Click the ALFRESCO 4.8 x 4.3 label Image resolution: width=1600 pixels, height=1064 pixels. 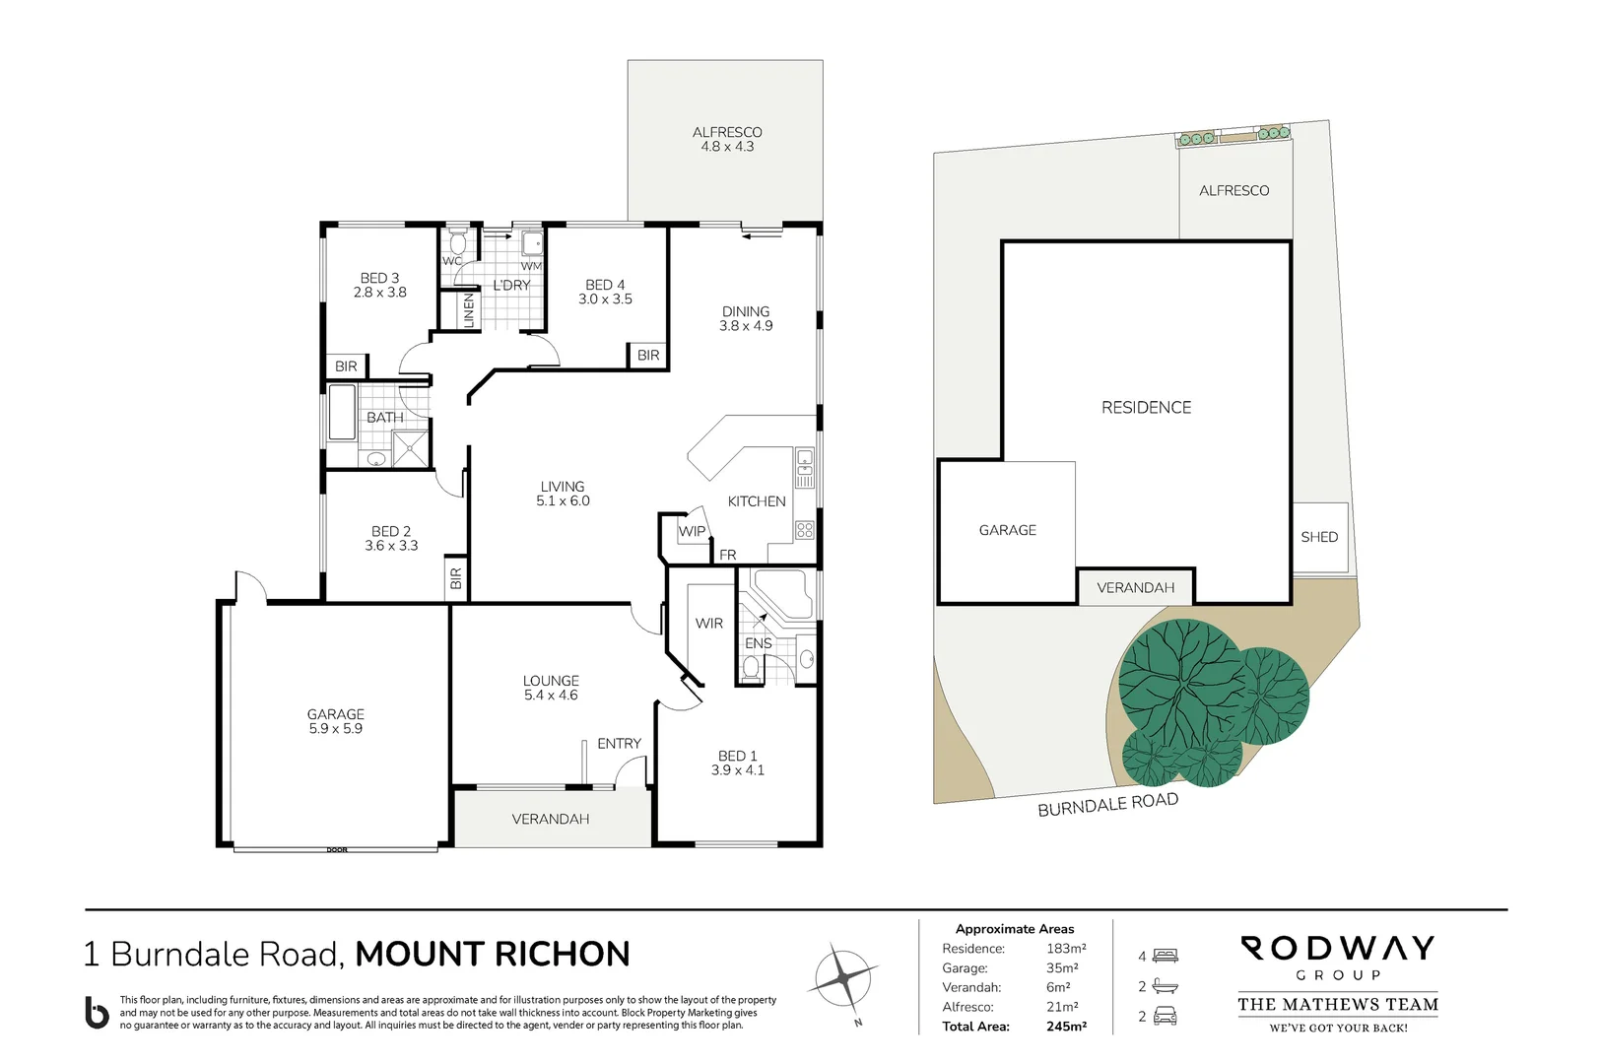click(x=727, y=139)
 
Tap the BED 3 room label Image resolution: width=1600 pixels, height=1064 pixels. click(x=379, y=285)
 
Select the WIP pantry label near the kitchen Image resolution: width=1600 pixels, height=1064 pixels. click(x=692, y=531)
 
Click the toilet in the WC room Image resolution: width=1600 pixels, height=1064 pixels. click(x=457, y=242)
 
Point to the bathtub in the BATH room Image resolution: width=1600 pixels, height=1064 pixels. click(x=342, y=412)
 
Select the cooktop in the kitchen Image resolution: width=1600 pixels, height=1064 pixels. click(x=805, y=530)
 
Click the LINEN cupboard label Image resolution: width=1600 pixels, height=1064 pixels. click(x=469, y=311)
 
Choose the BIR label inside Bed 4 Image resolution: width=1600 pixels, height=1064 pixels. click(x=648, y=356)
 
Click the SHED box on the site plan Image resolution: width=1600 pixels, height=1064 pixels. click(x=1319, y=537)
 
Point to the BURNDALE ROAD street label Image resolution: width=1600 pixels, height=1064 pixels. click(x=1107, y=804)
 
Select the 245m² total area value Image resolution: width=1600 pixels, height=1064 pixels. click(x=1066, y=1027)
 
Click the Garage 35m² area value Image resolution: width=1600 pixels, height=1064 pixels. click(x=1062, y=968)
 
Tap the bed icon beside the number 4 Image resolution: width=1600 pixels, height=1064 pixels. click(x=1166, y=956)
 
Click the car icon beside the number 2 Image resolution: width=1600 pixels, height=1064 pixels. click(x=1166, y=1016)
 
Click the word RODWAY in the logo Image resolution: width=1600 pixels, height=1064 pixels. click(x=1337, y=949)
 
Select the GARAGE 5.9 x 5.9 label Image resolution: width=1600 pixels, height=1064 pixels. click(x=335, y=721)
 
